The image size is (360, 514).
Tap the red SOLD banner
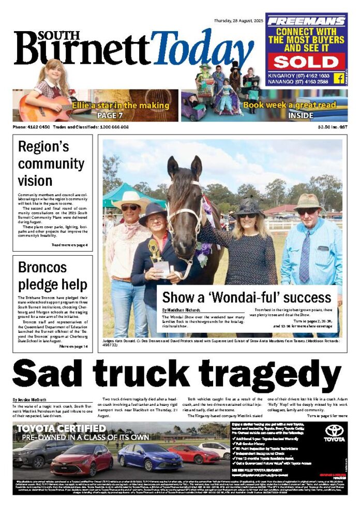click(306, 62)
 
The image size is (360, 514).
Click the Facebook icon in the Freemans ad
click(339, 78)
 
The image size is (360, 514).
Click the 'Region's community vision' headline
click(44, 163)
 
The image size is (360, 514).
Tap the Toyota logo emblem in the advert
click(334, 431)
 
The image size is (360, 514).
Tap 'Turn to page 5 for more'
click(327, 416)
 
